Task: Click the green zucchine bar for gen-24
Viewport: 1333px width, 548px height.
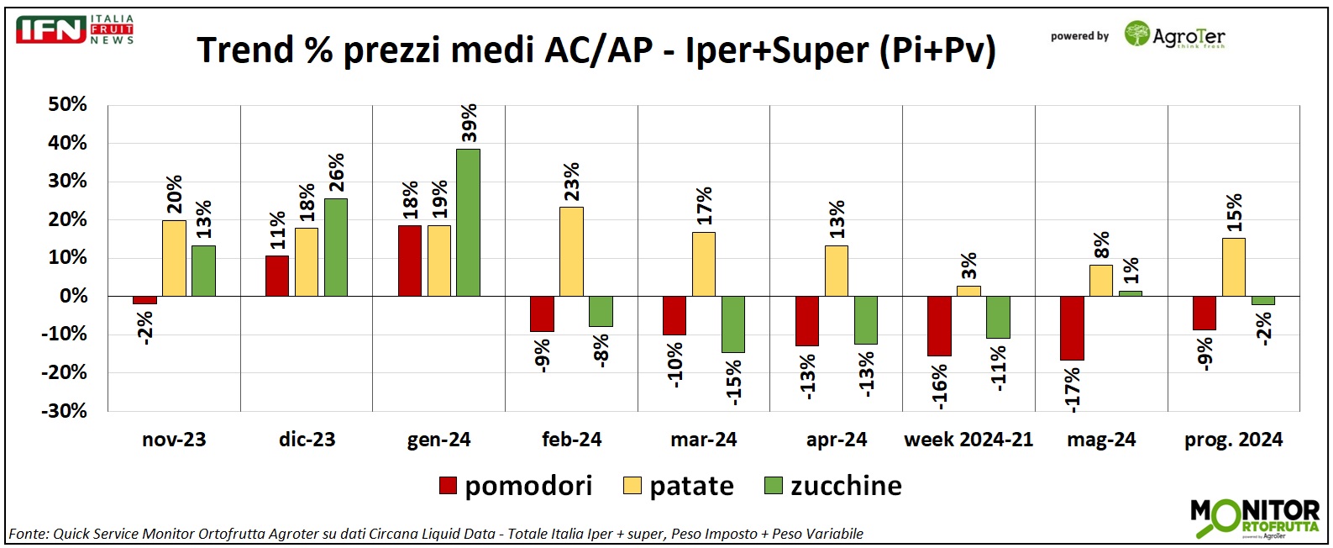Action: pyautogui.click(x=468, y=223)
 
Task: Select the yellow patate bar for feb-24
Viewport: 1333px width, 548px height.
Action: pyautogui.click(x=571, y=251)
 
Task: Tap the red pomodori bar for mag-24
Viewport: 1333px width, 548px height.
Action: pyautogui.click(x=1071, y=328)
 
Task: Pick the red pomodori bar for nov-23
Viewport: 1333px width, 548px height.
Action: pyautogui.click(x=144, y=300)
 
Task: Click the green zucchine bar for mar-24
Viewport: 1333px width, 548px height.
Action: pyautogui.click(x=732, y=324)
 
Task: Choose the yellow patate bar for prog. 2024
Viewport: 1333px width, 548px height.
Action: pyautogui.click(x=1233, y=267)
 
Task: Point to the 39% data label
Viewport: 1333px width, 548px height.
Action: pyautogui.click(x=469, y=123)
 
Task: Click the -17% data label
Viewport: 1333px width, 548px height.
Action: pyautogui.click(x=1072, y=389)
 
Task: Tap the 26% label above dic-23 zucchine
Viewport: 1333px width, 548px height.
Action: pyautogui.click(x=335, y=173)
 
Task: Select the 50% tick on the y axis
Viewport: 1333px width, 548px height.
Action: pyautogui.click(x=67, y=105)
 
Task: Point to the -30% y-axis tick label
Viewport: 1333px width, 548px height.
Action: pyautogui.click(x=65, y=411)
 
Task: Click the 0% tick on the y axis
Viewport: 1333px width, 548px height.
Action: pyautogui.click(x=73, y=296)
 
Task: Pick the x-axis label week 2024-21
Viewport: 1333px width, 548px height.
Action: pyautogui.click(x=968, y=440)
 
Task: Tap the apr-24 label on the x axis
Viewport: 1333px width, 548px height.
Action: pyautogui.click(x=836, y=440)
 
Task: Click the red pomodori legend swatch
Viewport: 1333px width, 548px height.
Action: pyautogui.click(x=448, y=486)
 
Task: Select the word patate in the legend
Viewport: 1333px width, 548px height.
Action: pyautogui.click(x=691, y=486)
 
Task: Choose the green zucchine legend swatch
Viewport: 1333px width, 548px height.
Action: pyautogui.click(x=774, y=486)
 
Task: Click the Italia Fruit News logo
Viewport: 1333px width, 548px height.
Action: pyautogui.click(x=75, y=29)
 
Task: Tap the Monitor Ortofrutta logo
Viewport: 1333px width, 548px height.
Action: pyautogui.click(x=1254, y=518)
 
